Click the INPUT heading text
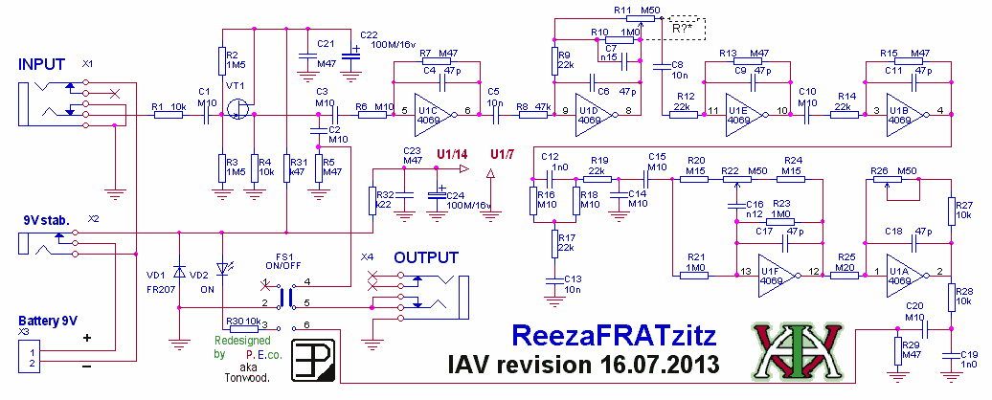[x=40, y=64]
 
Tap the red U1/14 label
[x=453, y=154]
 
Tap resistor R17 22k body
[x=553, y=243]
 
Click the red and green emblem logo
[x=794, y=350]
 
